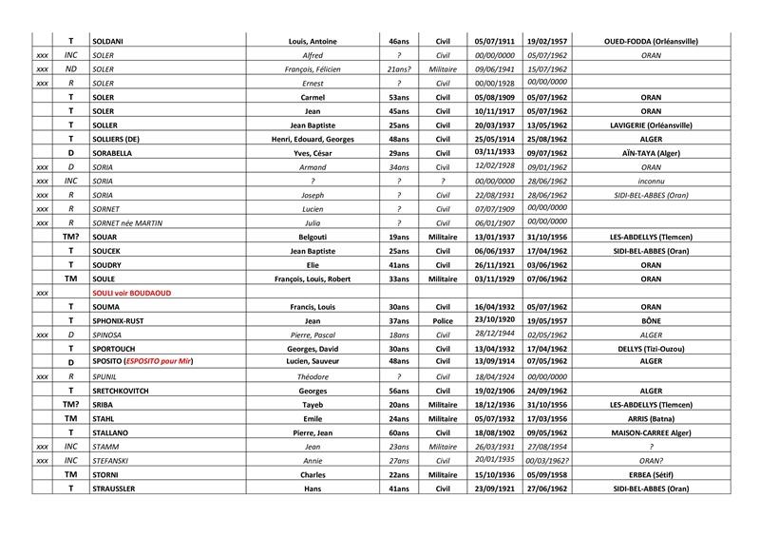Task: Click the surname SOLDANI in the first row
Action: (x=110, y=42)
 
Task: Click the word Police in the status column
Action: (x=443, y=321)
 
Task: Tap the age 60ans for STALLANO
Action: (x=398, y=432)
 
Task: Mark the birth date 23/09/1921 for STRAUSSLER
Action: (x=493, y=489)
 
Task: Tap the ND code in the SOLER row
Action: (x=70, y=69)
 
